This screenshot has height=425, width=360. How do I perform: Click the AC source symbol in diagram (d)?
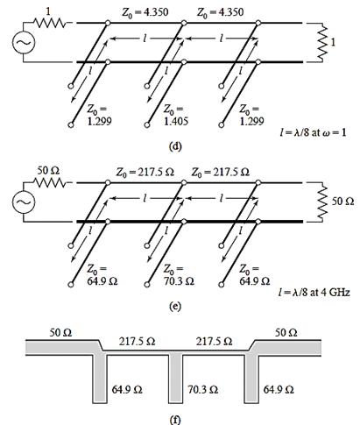pos(24,42)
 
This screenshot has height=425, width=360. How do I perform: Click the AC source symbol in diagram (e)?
pos(24,202)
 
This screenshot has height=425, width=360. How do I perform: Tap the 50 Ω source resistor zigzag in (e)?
pos(50,183)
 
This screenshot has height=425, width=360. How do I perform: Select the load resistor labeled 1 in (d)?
pos(323,42)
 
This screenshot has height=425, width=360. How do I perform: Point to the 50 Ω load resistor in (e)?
pos(323,202)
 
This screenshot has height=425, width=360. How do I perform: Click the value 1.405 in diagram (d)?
pos(176,121)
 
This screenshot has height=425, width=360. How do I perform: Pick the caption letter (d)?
pos(175,146)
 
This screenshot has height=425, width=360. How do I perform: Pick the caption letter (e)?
pos(175,306)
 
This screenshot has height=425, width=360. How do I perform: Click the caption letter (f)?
pos(175,420)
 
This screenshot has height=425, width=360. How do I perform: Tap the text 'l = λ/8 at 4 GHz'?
pos(314,292)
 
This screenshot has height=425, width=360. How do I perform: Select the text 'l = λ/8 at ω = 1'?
pos(313,132)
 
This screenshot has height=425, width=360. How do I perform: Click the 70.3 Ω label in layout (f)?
pos(202,390)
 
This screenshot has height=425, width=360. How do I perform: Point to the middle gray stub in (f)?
pos(175,379)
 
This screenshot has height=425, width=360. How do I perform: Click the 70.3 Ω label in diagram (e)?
pos(179,281)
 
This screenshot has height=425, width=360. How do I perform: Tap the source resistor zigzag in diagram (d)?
pos(50,23)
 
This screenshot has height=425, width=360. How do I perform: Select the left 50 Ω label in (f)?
pos(60,333)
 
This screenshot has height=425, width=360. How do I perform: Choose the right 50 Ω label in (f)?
pos(286,333)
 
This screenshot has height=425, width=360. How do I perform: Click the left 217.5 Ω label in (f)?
pos(137,341)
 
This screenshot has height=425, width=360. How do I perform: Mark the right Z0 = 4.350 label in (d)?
pos(220,12)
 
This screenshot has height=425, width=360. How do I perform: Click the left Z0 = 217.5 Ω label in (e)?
pos(145,173)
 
